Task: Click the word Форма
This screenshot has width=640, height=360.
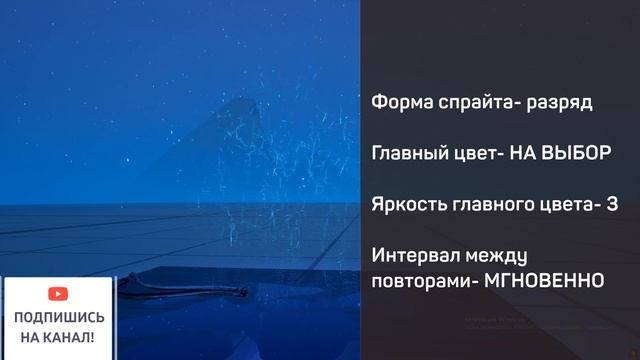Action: pyautogui.click(x=397, y=102)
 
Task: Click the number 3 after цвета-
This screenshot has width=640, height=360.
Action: pyautogui.click(x=612, y=204)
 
